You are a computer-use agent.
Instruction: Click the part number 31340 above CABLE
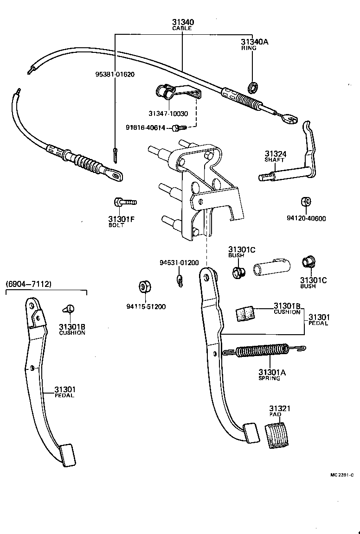pyautogui.click(x=182, y=22)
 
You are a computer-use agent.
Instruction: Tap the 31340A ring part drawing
pyautogui.click(x=253, y=86)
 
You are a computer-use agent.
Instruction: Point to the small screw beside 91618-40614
pyautogui.click(x=179, y=127)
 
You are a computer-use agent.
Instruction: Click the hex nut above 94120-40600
pyautogui.click(x=305, y=202)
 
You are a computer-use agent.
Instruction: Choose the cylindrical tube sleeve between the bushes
pyautogui.click(x=271, y=268)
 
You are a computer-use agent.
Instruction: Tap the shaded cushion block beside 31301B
pyautogui.click(x=245, y=313)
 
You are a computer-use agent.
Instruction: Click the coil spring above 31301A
pyautogui.click(x=262, y=352)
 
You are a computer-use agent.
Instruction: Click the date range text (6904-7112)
pyautogui.click(x=28, y=284)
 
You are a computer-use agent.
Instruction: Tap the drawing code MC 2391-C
pyautogui.click(x=342, y=475)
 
